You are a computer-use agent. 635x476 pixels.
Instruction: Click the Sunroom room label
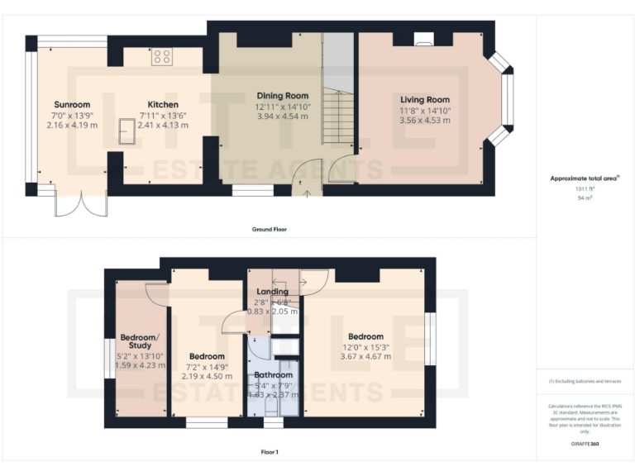pyautogui.click(x=72, y=105)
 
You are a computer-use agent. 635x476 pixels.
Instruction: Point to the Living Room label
pyautogui.click(x=424, y=99)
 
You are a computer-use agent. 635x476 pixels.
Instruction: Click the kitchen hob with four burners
pyautogui.click(x=162, y=57)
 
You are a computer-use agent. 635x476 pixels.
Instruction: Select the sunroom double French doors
pyautogui.click(x=81, y=202)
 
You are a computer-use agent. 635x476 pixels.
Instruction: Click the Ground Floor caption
pyautogui.click(x=270, y=229)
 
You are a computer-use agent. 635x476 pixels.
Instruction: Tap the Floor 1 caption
pyautogui.click(x=270, y=452)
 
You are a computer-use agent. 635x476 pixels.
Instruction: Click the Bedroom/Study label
pyautogui.click(x=139, y=342)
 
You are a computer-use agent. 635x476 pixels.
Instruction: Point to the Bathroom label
pyautogui.click(x=272, y=374)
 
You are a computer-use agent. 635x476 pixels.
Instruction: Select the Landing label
pyautogui.click(x=273, y=292)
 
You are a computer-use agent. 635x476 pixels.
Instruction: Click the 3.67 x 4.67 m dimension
pyautogui.click(x=365, y=357)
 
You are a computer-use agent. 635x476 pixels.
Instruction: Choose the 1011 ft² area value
pyautogui.click(x=585, y=189)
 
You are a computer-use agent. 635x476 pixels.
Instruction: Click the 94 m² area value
pyautogui.click(x=585, y=198)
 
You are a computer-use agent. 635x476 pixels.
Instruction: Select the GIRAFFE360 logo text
pyautogui.click(x=585, y=445)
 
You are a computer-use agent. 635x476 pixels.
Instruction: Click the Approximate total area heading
pyautogui.click(x=584, y=178)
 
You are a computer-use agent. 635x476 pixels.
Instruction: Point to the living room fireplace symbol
pyautogui.click(x=423, y=38)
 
